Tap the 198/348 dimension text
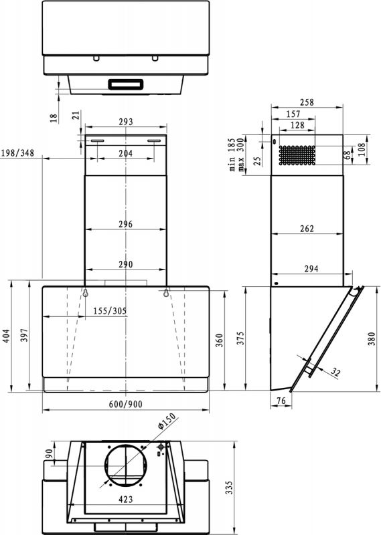(18, 153)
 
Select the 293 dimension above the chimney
(125, 122)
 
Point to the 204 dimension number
(125, 153)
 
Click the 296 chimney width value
(125, 224)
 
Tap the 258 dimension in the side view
(307, 103)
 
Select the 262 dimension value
(307, 229)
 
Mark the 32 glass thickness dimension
(335, 372)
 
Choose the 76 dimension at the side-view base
(281, 401)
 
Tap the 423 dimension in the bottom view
(125, 499)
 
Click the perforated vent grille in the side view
(296, 155)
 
